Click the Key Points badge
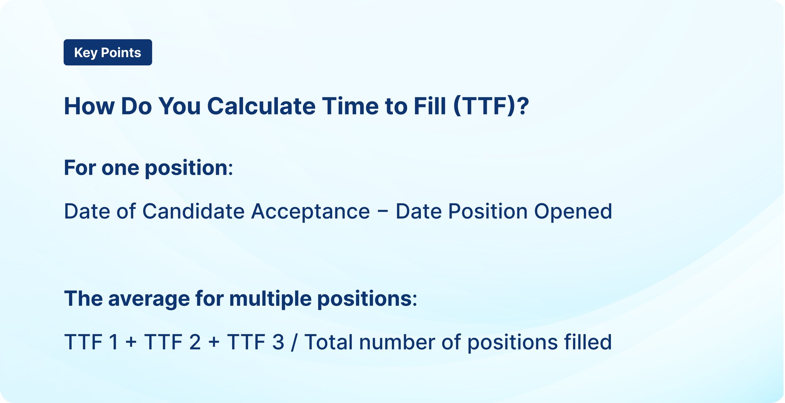[x=108, y=52]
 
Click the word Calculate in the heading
[x=261, y=106]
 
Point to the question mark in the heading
[x=523, y=106]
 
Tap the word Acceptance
[x=310, y=211]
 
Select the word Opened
[x=573, y=211]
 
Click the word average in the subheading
[x=149, y=299]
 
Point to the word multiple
[x=270, y=299]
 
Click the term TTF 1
[x=91, y=342]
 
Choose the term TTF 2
[x=173, y=342]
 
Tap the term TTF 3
[x=256, y=342]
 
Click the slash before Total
[x=294, y=342]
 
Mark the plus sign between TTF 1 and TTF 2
[x=131, y=342]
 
